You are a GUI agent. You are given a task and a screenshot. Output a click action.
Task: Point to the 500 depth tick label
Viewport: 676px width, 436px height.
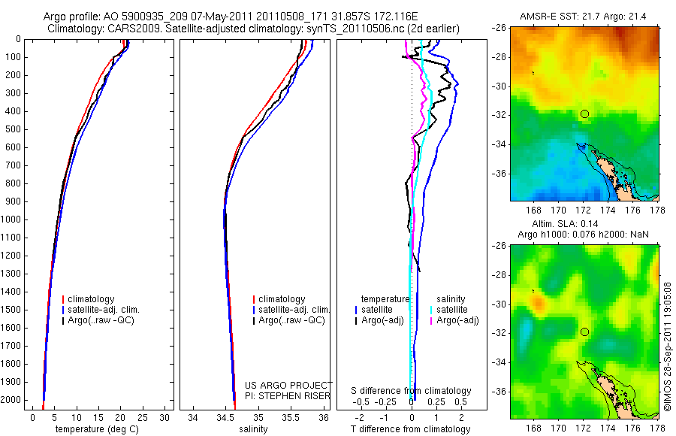[x=14, y=129]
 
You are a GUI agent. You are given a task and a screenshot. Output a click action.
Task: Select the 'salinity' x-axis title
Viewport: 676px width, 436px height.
[x=258, y=429]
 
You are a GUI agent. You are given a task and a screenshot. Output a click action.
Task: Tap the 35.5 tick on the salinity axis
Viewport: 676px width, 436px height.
[x=291, y=417]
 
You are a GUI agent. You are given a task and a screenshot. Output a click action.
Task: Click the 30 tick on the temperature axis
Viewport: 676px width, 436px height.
[x=165, y=417]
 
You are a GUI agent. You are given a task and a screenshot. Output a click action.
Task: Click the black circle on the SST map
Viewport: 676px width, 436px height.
[x=584, y=114]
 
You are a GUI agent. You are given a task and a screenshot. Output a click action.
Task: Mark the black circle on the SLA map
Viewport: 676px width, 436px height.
[x=584, y=332]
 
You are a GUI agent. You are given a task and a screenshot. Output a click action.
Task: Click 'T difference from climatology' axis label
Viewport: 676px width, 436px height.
[x=412, y=429]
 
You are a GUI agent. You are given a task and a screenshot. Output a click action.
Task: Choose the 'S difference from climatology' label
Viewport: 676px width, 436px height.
[x=412, y=391]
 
